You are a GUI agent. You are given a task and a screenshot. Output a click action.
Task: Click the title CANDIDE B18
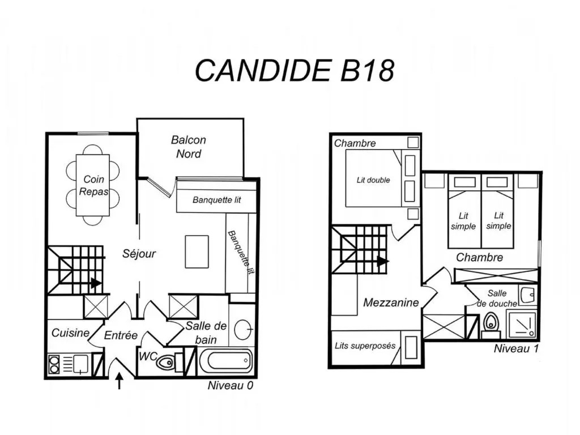[294, 70]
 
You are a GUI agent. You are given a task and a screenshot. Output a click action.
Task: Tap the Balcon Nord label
[189, 146]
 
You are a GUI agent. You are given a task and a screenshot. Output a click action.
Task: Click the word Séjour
[139, 253]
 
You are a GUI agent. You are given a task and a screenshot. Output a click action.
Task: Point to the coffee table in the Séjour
[197, 251]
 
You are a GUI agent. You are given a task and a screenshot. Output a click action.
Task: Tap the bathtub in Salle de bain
[225, 360]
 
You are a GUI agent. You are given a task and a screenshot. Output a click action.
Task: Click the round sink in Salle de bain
[244, 329]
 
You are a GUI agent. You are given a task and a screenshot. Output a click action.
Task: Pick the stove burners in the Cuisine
[56, 364]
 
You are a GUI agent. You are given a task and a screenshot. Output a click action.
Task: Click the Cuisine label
[70, 333]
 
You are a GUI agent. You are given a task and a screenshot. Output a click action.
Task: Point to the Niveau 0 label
[231, 386]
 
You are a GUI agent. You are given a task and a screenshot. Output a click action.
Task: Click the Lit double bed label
[373, 180]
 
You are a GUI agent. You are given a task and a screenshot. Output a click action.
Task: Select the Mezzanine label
[391, 302]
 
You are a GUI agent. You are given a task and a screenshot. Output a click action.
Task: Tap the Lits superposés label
[365, 346]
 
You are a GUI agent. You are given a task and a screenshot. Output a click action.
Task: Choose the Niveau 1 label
[515, 348]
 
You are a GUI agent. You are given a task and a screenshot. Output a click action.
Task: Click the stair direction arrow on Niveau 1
[383, 262]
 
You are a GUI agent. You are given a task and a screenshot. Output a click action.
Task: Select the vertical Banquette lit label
[241, 252]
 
